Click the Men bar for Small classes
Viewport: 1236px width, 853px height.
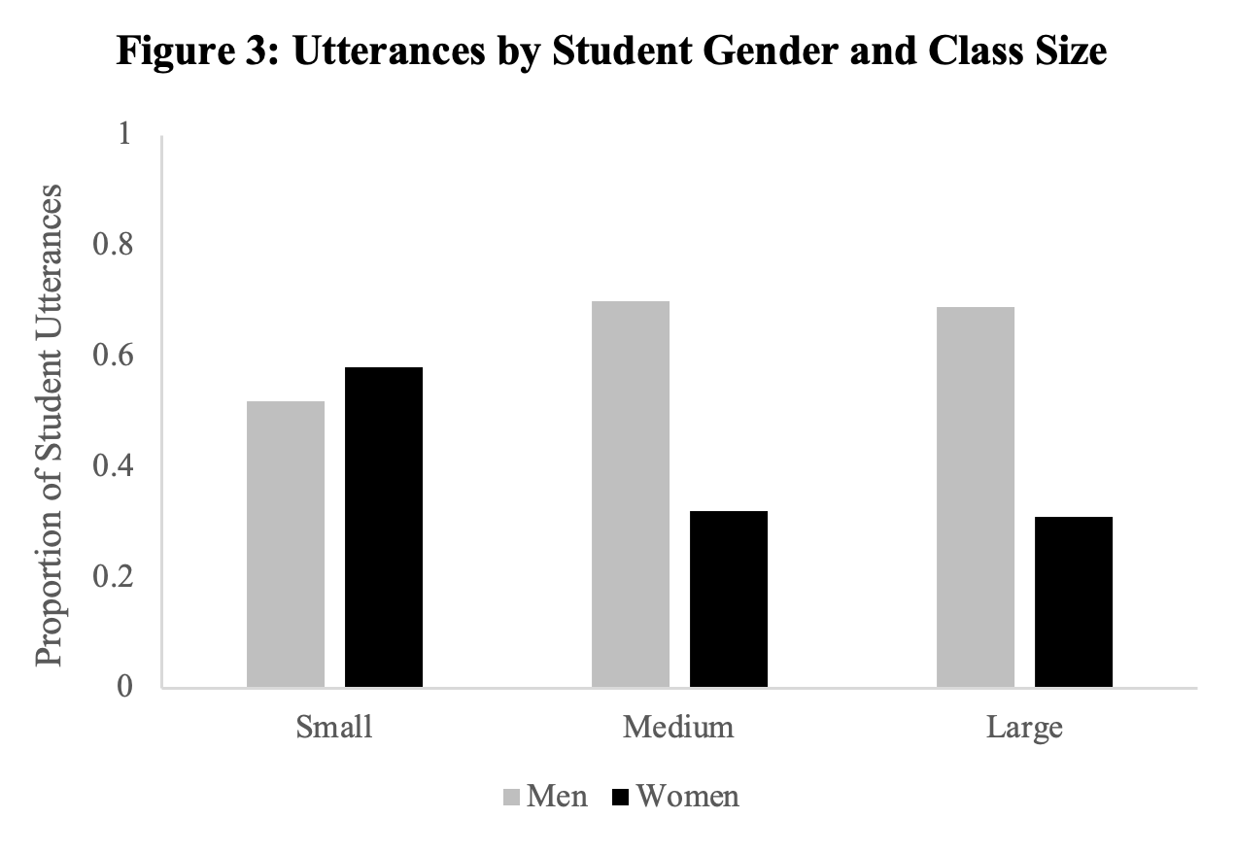pyautogui.click(x=286, y=544)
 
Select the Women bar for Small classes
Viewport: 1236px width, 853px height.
pyautogui.click(x=384, y=528)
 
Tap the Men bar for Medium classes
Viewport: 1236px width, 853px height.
pyautogui.click(x=631, y=495)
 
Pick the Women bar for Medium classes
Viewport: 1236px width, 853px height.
pyautogui.click(x=729, y=599)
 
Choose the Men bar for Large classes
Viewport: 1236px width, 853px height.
pyautogui.click(x=976, y=497)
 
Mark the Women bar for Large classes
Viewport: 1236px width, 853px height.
pyautogui.click(x=1074, y=602)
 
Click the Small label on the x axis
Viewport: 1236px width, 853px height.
pyautogui.click(x=334, y=728)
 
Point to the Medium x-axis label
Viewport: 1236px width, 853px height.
pyautogui.click(x=679, y=728)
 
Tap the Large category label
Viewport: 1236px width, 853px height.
pyautogui.click(x=1024, y=728)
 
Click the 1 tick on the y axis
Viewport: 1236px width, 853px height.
pyautogui.click(x=123, y=134)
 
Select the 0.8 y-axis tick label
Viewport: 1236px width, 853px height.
pyautogui.click(x=112, y=245)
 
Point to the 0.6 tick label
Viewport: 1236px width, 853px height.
pyautogui.click(x=112, y=356)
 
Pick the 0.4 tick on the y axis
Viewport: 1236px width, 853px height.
pyautogui.click(x=112, y=466)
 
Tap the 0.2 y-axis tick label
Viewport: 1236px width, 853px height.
pyautogui.click(x=112, y=577)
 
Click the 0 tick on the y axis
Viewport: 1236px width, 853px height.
pyautogui.click(x=123, y=687)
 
